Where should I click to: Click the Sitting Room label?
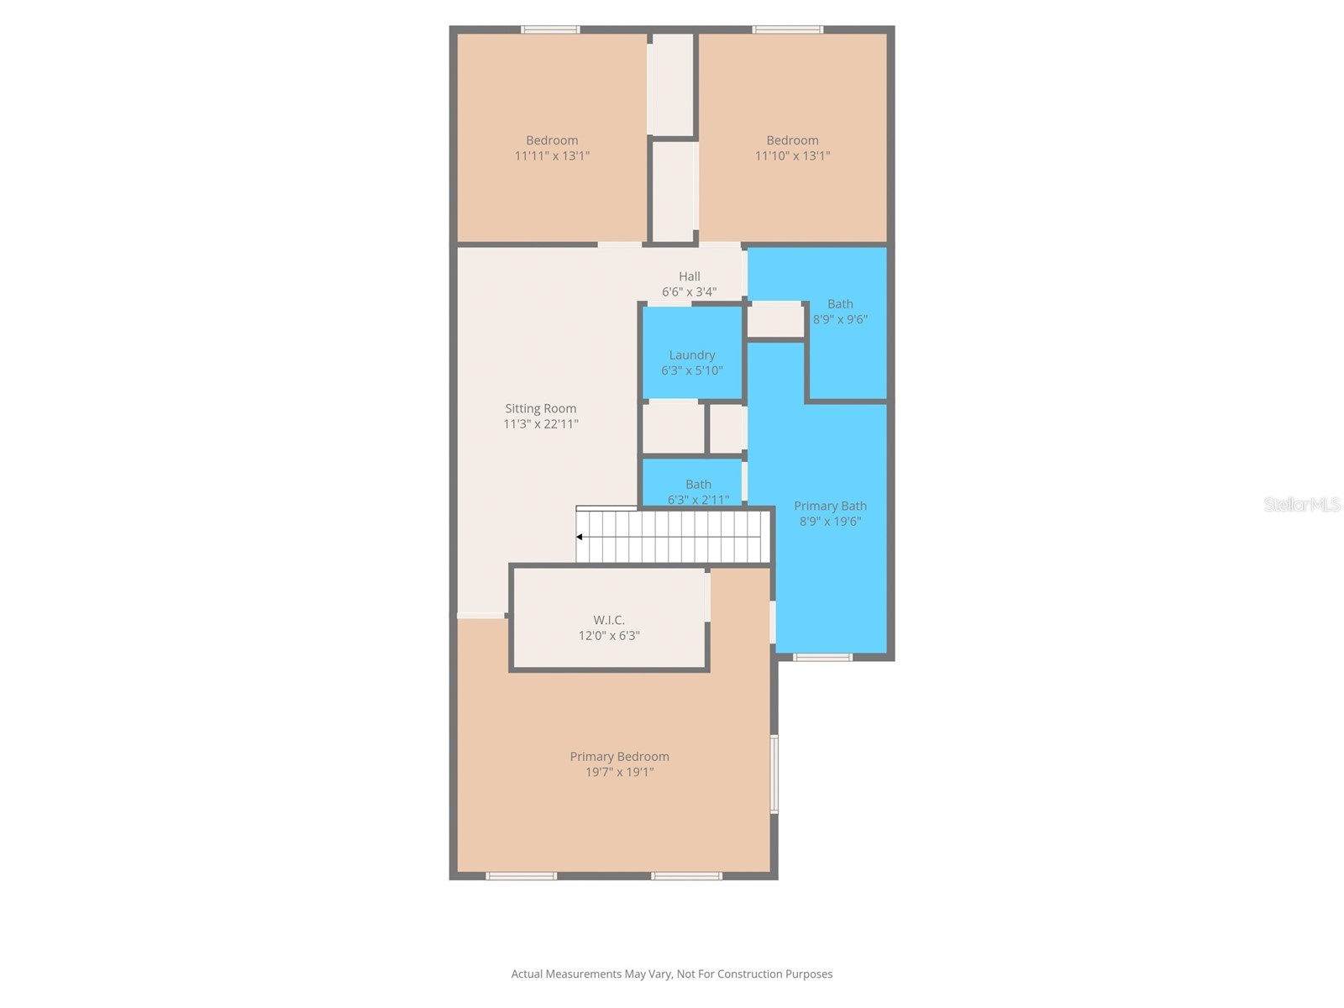[x=540, y=408]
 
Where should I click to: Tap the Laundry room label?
[x=691, y=354]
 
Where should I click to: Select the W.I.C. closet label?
[x=609, y=620]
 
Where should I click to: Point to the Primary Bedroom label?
[x=619, y=756]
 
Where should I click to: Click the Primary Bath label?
[x=830, y=506]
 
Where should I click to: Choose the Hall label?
[x=689, y=276]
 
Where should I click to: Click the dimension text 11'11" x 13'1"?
[x=552, y=155]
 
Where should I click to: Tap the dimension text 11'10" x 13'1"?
[x=792, y=155]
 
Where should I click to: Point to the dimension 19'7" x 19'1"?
[x=619, y=772]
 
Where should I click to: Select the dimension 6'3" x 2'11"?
[x=698, y=500]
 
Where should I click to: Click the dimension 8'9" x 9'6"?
[x=840, y=319]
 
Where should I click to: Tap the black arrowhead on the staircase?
[x=580, y=537]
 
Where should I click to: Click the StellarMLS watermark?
[x=1302, y=504]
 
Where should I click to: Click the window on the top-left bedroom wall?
[x=550, y=30]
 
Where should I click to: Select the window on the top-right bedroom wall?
[x=787, y=30]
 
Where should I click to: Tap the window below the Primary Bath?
[x=822, y=657]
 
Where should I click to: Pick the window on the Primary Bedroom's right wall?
[x=774, y=774]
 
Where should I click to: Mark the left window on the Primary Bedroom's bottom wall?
[x=521, y=876]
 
